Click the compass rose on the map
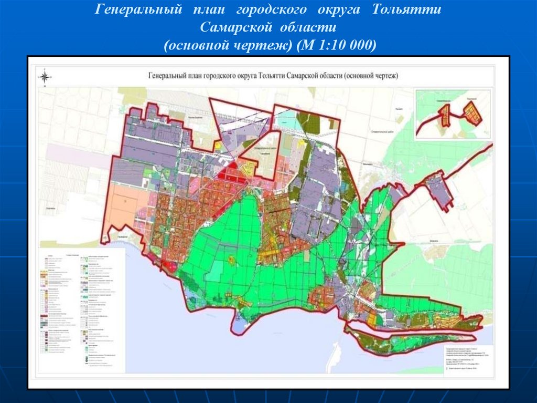45,77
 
